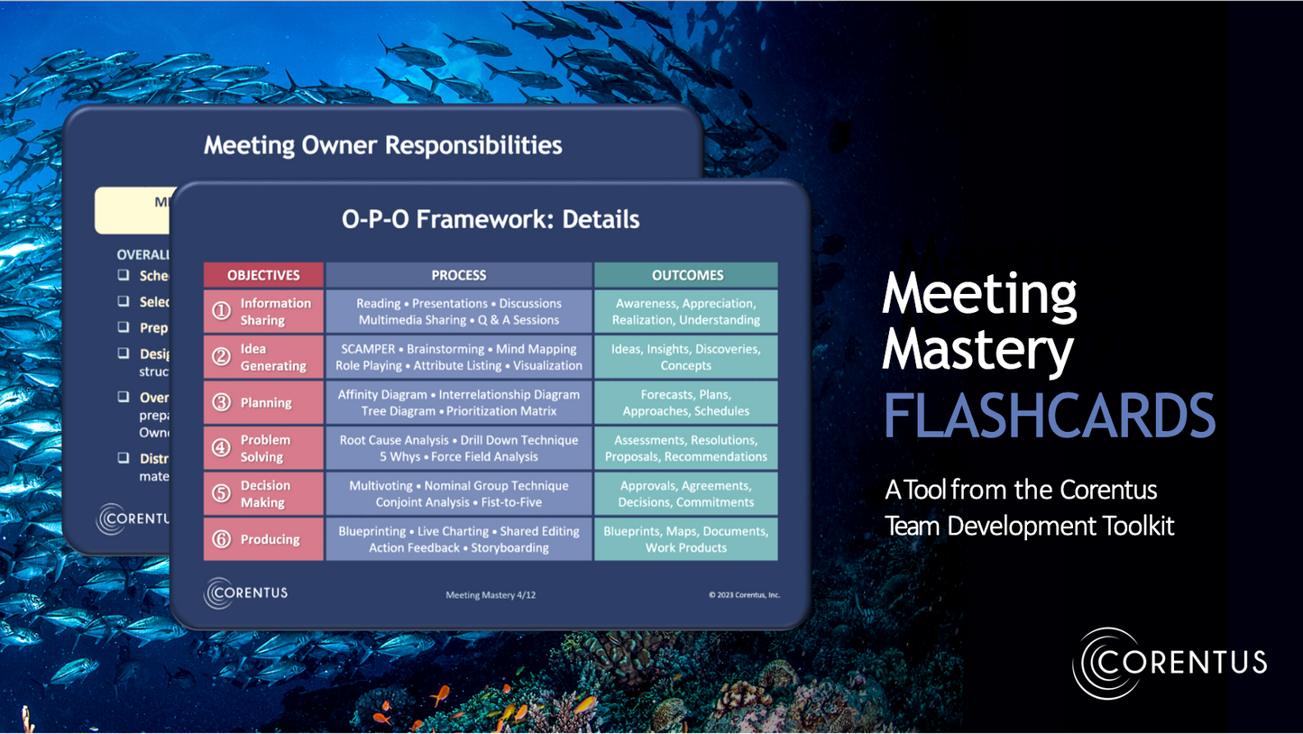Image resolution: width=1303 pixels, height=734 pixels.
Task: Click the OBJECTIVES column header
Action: [263, 275]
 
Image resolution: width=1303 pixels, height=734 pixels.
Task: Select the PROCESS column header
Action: [459, 275]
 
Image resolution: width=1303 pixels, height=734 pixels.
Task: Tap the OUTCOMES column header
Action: [686, 275]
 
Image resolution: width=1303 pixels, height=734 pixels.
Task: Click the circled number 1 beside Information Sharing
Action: [222, 312]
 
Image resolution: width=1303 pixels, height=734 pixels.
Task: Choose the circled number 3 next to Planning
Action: [222, 403]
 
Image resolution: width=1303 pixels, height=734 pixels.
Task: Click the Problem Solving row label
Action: [265, 448]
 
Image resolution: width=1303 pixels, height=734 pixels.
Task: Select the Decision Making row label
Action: [265, 494]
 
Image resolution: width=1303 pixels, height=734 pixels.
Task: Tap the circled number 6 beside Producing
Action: [222, 539]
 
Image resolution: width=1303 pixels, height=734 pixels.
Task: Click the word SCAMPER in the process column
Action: [368, 349]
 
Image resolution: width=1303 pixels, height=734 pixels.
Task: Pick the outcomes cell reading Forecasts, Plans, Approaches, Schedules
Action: [686, 402]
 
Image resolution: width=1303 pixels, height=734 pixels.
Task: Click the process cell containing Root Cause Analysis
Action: [459, 448]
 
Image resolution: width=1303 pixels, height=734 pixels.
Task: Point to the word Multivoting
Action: [381, 486]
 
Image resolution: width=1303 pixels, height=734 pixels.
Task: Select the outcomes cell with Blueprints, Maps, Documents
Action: [686, 539]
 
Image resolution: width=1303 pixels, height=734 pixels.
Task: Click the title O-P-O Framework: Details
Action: [491, 219]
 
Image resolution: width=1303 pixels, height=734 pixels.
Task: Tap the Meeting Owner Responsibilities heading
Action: [383, 145]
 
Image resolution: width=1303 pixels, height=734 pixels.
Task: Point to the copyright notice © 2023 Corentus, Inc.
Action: [744, 595]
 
